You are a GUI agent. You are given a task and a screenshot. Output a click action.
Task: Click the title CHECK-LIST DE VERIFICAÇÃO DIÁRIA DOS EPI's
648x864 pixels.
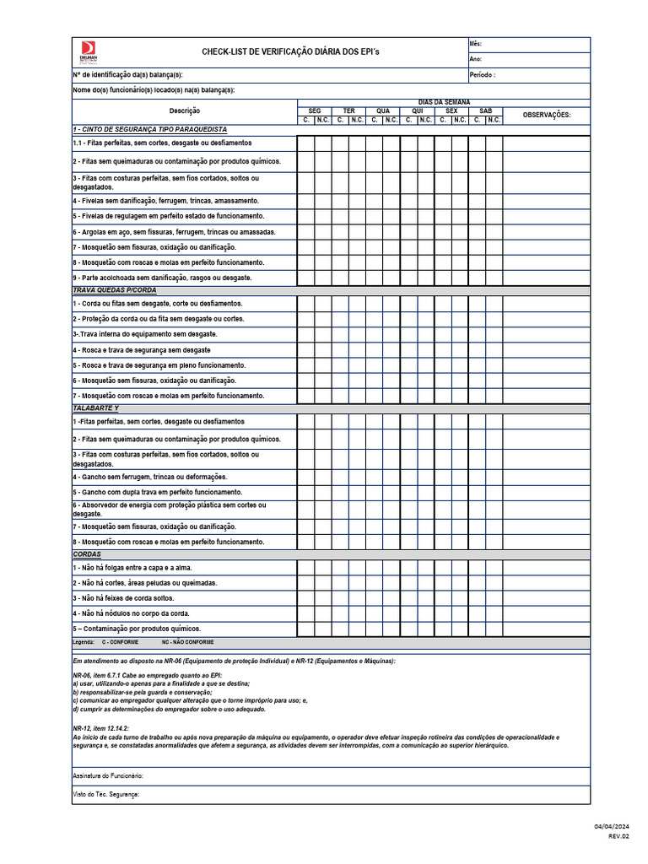tap(278, 52)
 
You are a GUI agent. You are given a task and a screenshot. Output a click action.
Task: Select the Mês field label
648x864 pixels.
tap(476, 44)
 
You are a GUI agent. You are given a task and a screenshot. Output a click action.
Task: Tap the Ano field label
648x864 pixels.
tap(475, 59)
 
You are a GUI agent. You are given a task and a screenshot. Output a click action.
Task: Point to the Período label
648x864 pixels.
tap(483, 74)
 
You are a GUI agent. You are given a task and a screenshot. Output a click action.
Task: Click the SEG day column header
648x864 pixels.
tap(314, 111)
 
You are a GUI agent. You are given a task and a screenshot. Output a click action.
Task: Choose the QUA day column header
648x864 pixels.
tap(383, 111)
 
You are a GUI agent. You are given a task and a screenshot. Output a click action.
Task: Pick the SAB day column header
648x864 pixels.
tap(485, 111)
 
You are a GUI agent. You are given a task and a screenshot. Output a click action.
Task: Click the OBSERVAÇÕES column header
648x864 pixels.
tap(546, 115)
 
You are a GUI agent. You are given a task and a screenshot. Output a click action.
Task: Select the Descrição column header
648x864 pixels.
tap(184, 111)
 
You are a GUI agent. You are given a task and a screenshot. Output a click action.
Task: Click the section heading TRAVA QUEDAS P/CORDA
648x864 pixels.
tap(111, 289)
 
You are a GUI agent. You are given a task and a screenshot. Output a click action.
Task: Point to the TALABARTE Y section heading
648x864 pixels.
tap(96, 408)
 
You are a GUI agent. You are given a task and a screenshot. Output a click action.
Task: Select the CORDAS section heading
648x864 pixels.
tap(87, 554)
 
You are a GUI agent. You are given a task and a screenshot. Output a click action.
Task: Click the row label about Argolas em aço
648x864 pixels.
tap(174, 232)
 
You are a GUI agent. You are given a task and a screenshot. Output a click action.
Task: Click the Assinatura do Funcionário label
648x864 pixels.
tap(108, 775)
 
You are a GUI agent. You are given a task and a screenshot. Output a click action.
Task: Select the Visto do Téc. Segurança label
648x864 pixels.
tap(105, 794)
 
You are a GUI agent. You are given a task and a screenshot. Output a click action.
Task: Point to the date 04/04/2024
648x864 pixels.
tap(612, 826)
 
